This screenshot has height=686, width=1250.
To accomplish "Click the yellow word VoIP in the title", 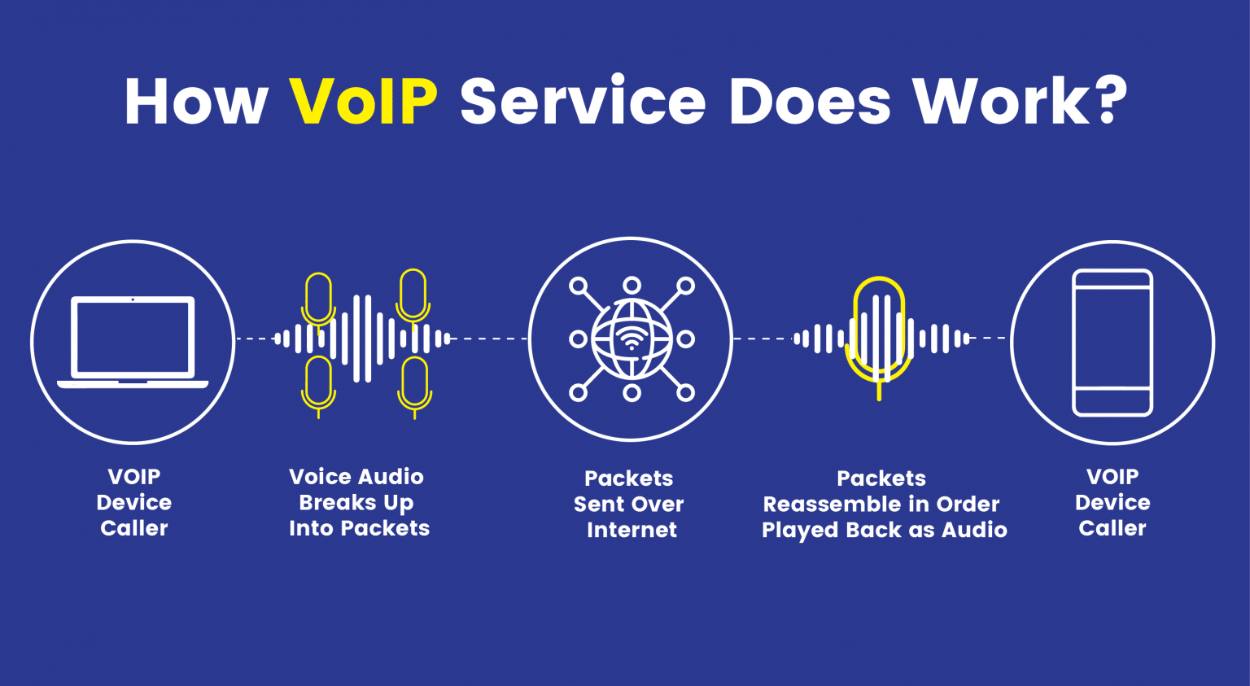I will point(363,102).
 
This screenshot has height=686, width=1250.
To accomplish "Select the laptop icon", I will point(133,341).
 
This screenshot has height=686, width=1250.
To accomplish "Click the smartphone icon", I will point(1112,343).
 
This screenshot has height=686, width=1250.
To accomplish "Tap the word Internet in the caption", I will point(632,530).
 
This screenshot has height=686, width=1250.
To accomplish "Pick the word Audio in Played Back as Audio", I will point(974,531).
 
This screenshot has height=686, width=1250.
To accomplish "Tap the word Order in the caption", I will point(968,505).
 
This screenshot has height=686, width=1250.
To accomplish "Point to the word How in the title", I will point(196,102).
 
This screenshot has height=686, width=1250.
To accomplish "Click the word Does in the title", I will point(810,102).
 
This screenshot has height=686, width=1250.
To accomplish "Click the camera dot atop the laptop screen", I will point(133,299).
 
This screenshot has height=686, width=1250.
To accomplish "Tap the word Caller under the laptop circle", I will point(134,529).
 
